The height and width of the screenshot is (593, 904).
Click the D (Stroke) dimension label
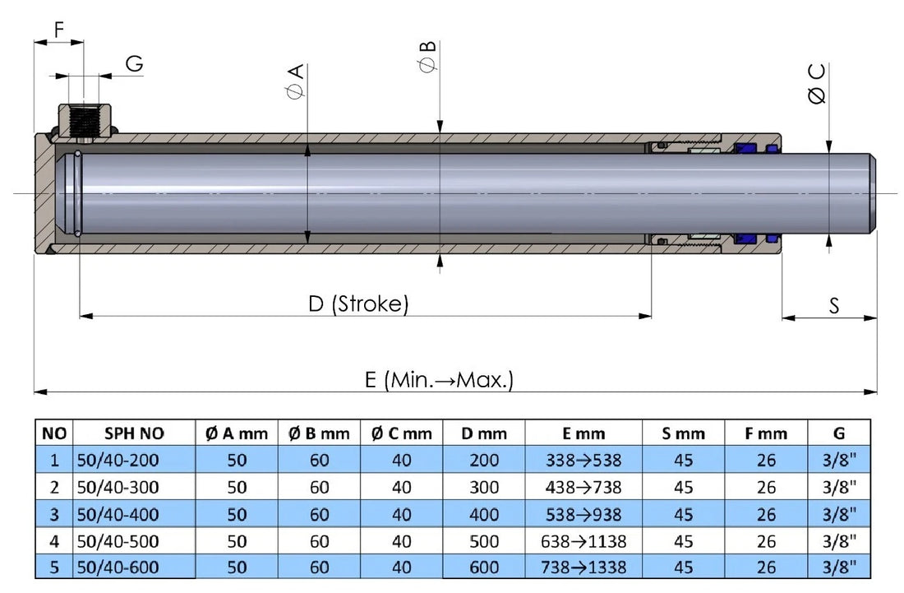357,304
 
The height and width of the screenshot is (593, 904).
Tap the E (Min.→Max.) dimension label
439,380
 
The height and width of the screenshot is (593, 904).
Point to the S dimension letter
833,306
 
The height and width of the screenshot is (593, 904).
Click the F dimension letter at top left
58,30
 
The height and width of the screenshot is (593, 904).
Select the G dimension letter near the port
135,64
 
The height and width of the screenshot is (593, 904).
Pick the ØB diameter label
427,57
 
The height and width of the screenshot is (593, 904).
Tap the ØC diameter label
817,85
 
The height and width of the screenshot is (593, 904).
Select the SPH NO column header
134,433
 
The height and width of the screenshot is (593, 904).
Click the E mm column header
583,433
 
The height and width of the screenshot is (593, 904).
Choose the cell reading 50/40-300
117,487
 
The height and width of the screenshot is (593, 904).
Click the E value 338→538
583,460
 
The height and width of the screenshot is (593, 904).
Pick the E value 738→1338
583,567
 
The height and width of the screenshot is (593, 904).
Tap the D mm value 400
484,514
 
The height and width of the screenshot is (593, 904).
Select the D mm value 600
484,567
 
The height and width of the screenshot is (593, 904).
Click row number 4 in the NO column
54,540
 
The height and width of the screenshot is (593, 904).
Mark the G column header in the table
839,433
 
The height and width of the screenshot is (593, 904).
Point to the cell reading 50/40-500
117,540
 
